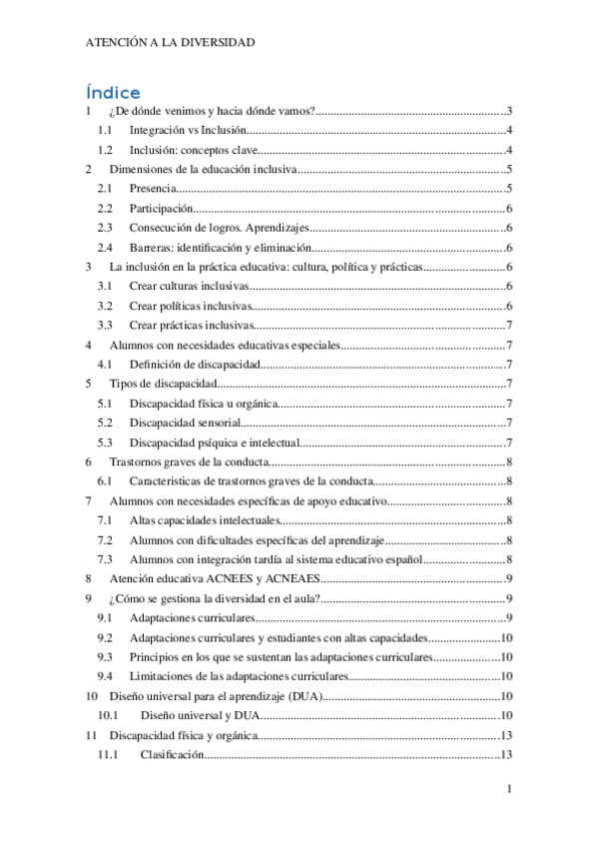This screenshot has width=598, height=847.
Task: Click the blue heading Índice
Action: (x=113, y=92)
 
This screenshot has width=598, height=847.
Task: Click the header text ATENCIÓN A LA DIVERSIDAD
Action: (x=170, y=43)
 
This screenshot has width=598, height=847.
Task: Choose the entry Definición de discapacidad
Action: (x=195, y=364)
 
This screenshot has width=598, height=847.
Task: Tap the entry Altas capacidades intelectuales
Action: (x=207, y=520)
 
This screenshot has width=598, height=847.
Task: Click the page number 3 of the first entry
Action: (x=509, y=111)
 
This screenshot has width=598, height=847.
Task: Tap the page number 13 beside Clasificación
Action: (x=505, y=755)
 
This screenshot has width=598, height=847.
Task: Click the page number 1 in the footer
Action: (x=509, y=791)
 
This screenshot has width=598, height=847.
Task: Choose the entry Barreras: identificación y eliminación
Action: (x=221, y=248)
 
